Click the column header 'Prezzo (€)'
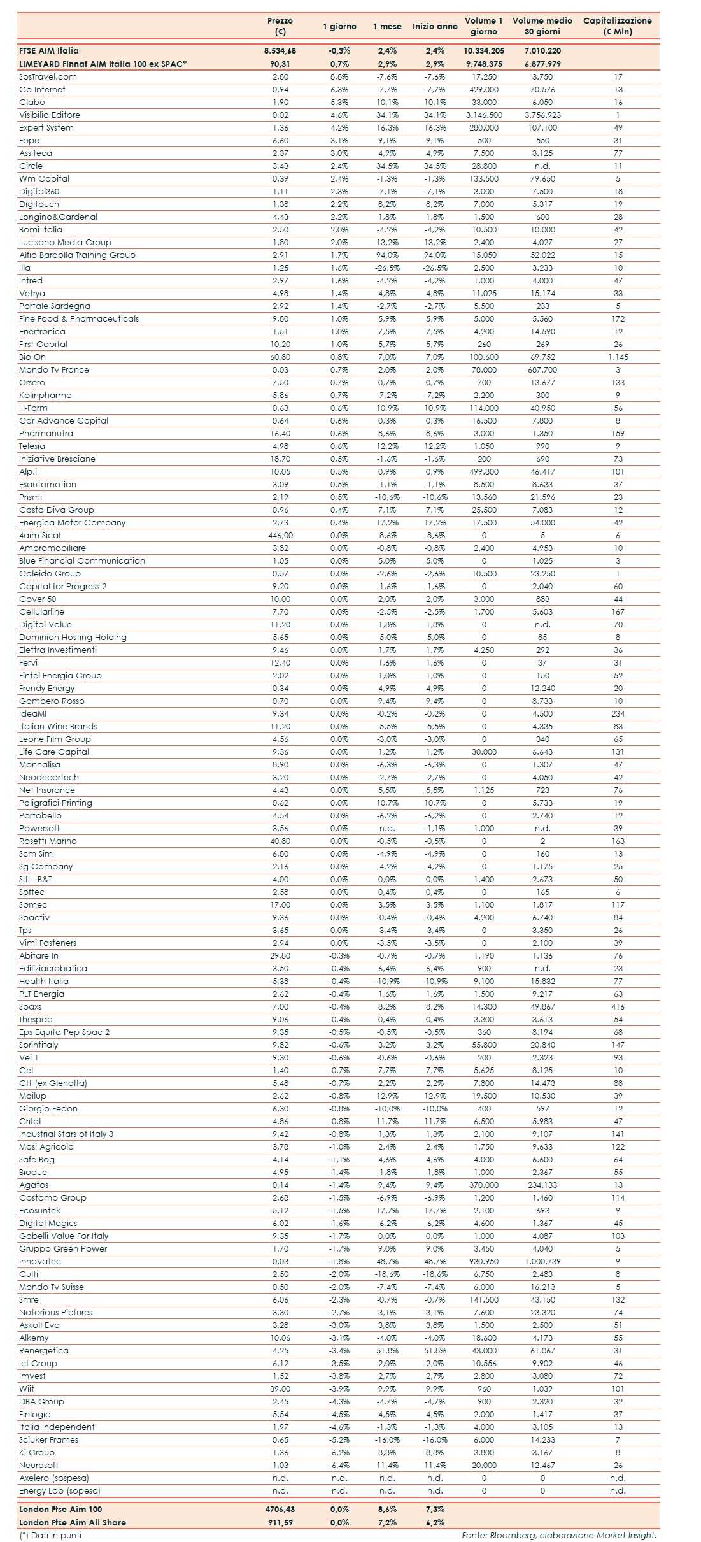[x=280, y=26]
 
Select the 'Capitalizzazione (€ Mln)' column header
[x=617, y=26]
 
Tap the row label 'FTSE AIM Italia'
[x=49, y=51]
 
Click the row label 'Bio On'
[x=32, y=357]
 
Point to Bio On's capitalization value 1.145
[x=618, y=357]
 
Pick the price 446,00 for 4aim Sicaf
[x=280, y=536]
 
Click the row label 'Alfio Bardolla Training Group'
[x=77, y=255]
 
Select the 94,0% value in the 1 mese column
[x=387, y=255]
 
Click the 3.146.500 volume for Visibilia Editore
[x=484, y=115]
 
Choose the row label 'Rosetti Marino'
[x=48, y=841]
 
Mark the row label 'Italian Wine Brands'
[x=58, y=727]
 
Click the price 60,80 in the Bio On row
[x=280, y=357]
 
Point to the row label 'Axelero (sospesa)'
[x=54, y=1478]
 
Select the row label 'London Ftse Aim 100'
[x=60, y=1510]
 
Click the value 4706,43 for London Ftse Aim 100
[x=280, y=1510]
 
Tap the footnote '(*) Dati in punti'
[x=50, y=1536]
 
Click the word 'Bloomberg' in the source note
[x=513, y=1536]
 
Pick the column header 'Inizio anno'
[x=435, y=27]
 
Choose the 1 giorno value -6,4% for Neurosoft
[x=339, y=1466]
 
